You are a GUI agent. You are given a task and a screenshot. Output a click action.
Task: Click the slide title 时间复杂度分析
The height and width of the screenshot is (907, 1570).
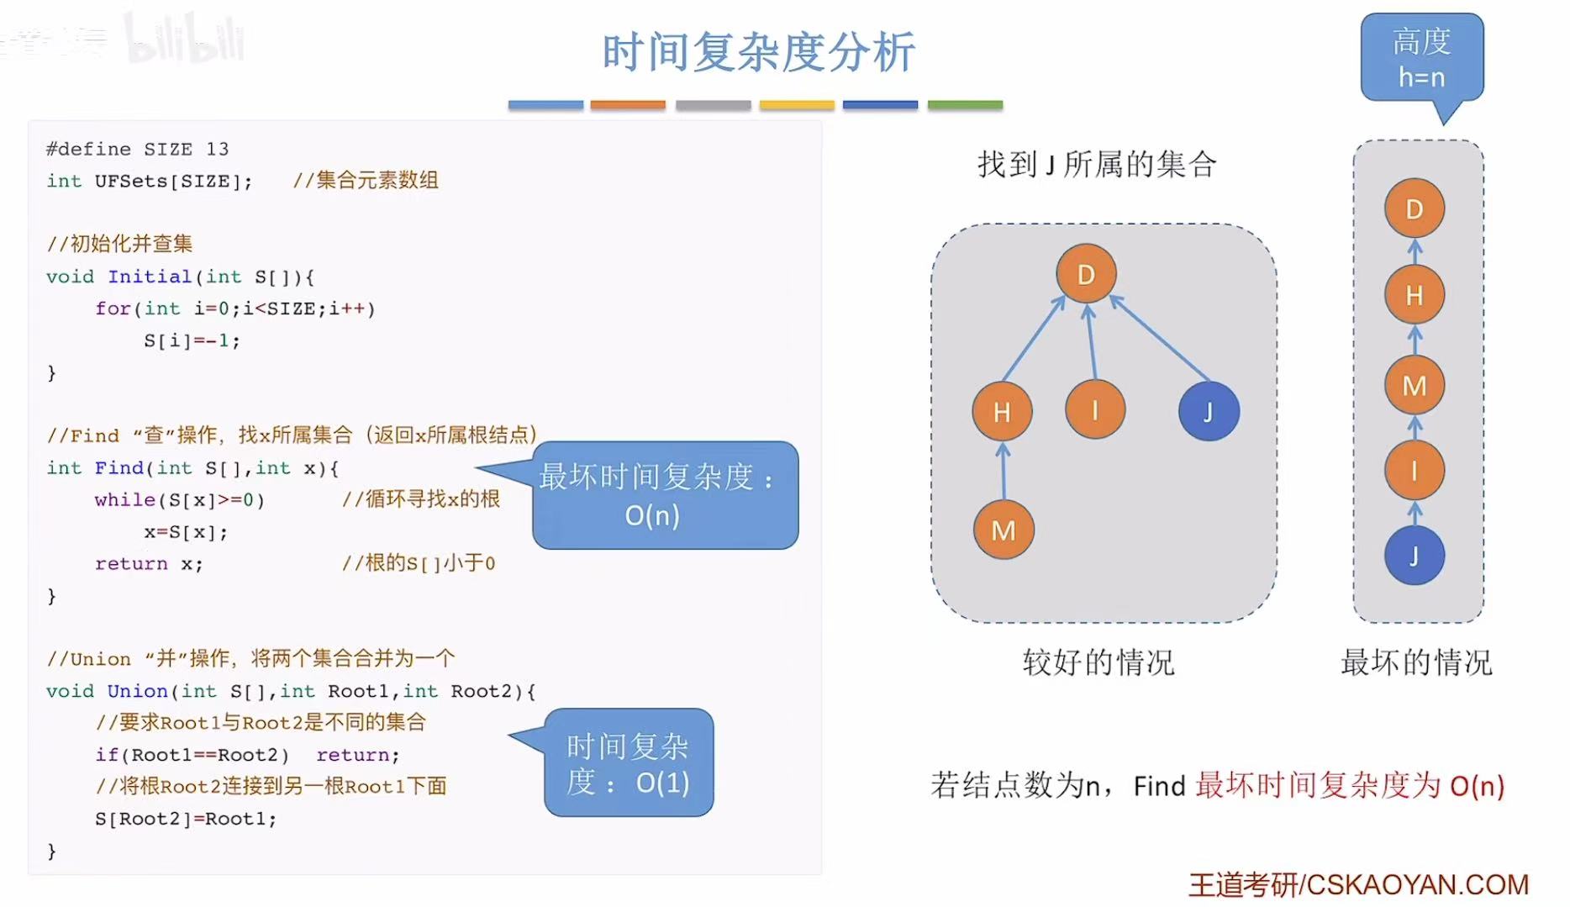tap(758, 52)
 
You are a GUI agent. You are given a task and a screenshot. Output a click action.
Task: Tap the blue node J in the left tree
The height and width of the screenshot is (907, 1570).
tap(1208, 411)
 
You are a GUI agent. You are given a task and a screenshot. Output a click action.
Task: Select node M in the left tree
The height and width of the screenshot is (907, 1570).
tap(1003, 530)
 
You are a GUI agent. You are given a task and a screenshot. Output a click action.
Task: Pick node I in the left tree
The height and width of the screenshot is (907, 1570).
tap(1094, 410)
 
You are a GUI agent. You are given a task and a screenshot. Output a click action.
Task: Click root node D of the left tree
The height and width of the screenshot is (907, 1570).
tap(1086, 274)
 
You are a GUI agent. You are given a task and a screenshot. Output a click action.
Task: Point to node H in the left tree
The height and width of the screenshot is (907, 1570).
tap(1002, 412)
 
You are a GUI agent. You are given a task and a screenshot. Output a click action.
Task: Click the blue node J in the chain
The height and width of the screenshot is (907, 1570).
tap(1414, 556)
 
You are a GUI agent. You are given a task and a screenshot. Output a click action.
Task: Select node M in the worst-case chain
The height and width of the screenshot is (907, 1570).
tap(1414, 385)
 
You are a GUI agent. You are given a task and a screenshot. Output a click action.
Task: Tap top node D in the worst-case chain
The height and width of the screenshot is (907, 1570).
tap(1414, 208)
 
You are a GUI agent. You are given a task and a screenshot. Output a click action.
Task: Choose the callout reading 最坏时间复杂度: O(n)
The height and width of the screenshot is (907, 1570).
tap(664, 495)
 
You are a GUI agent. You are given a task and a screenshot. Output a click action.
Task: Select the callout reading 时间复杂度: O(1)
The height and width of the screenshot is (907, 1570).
tap(628, 763)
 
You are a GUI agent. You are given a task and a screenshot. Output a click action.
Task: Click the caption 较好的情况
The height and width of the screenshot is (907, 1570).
tap(1098, 662)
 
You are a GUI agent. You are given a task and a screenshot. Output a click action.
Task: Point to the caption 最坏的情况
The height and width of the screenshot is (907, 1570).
tap(1415, 662)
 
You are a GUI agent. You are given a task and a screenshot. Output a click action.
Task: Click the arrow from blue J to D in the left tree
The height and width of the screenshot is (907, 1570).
tap(1160, 338)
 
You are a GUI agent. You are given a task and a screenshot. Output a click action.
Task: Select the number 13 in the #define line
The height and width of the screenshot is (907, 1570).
tap(217, 149)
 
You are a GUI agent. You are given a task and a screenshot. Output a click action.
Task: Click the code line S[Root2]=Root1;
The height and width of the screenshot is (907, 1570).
tap(185, 818)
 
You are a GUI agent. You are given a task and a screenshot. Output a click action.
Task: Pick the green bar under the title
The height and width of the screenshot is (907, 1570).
tap(965, 105)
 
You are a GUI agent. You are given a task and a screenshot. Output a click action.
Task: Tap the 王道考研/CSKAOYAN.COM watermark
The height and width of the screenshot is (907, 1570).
tap(1357, 884)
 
